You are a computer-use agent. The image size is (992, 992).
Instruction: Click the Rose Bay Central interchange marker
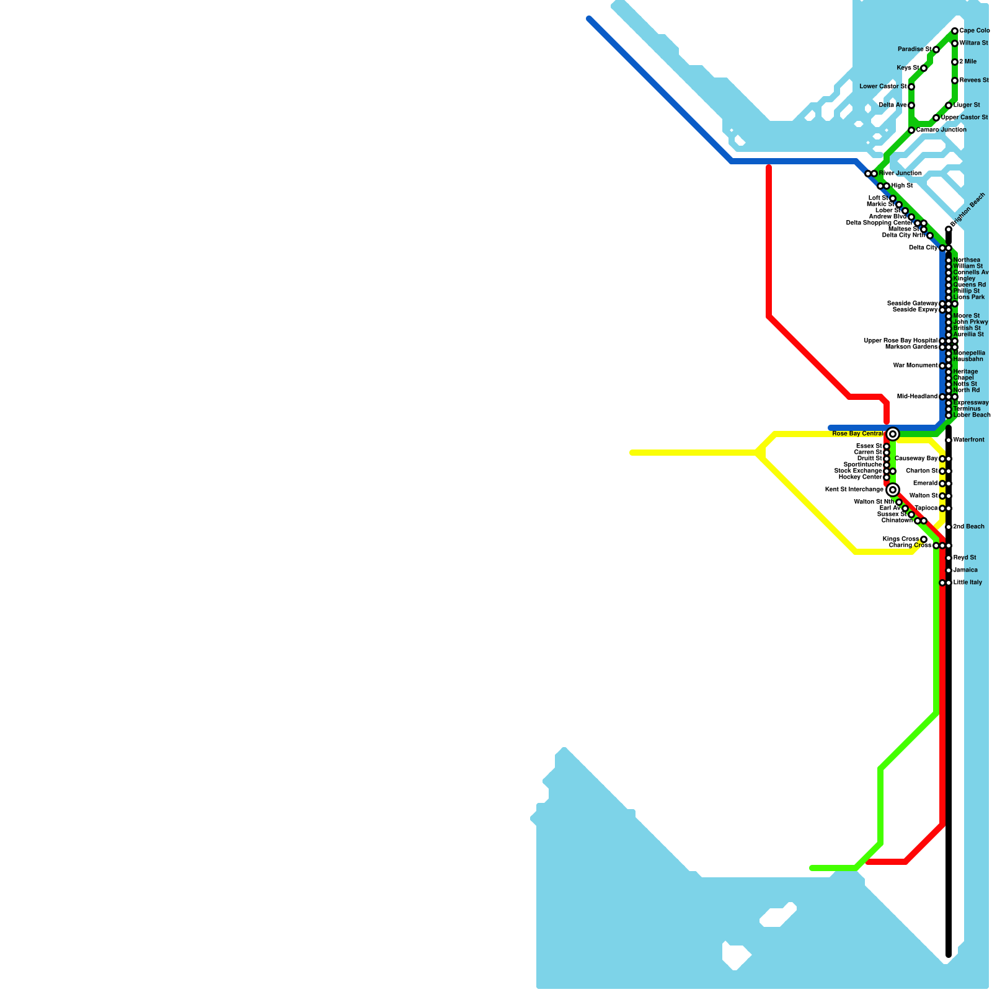click(892, 434)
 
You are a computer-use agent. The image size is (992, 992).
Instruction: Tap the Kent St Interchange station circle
click(892, 490)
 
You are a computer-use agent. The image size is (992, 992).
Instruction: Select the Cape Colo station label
click(974, 31)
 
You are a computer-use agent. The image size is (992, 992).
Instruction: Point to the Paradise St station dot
click(936, 50)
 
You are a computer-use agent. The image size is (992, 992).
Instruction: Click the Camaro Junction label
click(941, 130)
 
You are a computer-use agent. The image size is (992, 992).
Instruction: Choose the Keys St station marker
click(924, 68)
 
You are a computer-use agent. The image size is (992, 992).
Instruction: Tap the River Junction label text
click(900, 174)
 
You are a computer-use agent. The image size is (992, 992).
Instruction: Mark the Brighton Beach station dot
click(949, 229)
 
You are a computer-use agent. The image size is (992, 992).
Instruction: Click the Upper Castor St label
click(964, 118)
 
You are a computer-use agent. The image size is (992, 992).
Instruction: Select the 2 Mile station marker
click(955, 62)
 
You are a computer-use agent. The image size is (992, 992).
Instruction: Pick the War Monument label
click(915, 366)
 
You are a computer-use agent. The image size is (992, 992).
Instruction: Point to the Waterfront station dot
click(949, 440)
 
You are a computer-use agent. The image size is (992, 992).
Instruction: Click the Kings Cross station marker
click(924, 539)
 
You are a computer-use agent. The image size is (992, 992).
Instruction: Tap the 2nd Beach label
click(968, 527)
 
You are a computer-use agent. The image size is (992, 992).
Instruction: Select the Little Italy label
click(967, 583)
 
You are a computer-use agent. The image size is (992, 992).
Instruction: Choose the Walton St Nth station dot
click(899, 502)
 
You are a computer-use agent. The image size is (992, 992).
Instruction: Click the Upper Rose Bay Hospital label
click(900, 341)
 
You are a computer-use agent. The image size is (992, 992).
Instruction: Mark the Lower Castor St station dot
click(911, 87)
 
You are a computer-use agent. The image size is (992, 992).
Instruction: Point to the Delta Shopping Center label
click(879, 223)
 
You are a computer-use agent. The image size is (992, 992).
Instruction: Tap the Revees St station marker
click(955, 81)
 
